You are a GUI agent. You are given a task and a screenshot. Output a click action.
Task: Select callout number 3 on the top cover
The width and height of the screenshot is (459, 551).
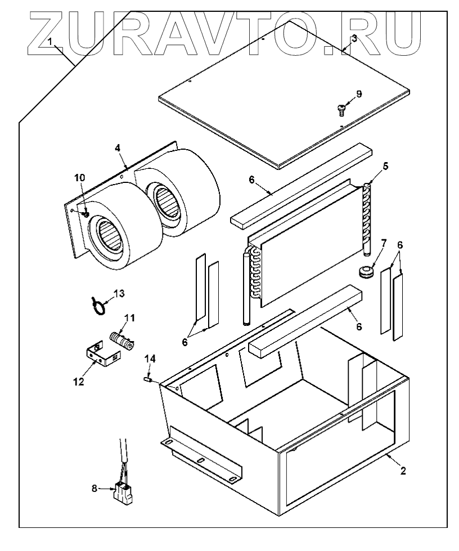353,38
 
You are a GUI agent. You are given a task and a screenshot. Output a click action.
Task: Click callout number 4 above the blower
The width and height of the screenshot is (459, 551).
118,148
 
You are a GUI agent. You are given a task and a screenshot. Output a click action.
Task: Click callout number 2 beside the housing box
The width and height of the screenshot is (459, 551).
402,471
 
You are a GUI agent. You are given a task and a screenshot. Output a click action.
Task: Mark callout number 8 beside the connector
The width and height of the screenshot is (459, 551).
94,489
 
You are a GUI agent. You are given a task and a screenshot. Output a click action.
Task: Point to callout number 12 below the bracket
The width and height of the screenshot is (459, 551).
78,382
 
